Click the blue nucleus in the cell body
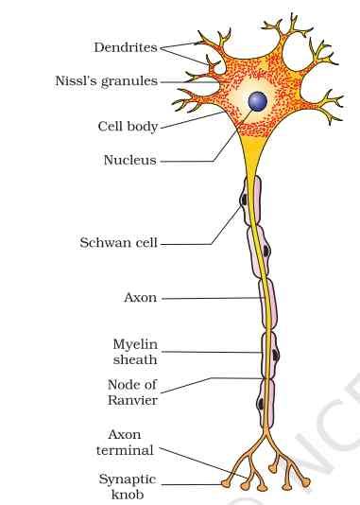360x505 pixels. pyautogui.click(x=257, y=101)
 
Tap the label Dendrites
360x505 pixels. pyautogui.click(x=126, y=46)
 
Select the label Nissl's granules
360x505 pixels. pyautogui.click(x=106, y=81)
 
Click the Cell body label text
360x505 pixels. pyautogui.click(x=128, y=126)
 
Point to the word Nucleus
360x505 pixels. pyautogui.click(x=129, y=160)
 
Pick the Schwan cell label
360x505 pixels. pyautogui.click(x=118, y=243)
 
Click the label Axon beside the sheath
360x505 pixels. pyautogui.click(x=140, y=298)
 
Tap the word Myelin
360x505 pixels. pyautogui.click(x=134, y=344)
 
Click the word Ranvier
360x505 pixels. pyautogui.click(x=131, y=400)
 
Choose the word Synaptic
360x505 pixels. pyautogui.click(x=128, y=479)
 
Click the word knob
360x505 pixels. pyautogui.click(x=128, y=495)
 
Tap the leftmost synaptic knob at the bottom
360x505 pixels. pyautogui.click(x=227, y=484)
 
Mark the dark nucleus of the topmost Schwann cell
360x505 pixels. pyautogui.click(x=244, y=200)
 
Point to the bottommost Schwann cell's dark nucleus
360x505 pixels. pyautogui.click(x=261, y=405)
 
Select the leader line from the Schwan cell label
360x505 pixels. pyautogui.click(x=189, y=244)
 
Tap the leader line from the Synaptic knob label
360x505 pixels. pyautogui.click(x=189, y=484)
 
